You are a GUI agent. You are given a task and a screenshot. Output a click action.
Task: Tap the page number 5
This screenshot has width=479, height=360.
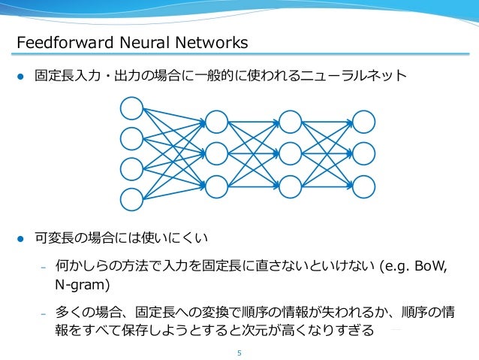[239, 348]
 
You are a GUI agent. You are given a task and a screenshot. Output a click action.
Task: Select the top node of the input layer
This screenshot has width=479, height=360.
[132, 108]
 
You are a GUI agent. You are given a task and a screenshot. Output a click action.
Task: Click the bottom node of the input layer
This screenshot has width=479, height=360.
[132, 198]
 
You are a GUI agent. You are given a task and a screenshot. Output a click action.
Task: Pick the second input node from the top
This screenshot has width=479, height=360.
[132, 138]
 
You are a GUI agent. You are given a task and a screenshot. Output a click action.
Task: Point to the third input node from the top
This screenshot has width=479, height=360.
[132, 168]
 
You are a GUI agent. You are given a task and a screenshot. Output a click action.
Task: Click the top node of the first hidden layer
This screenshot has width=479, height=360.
[216, 122]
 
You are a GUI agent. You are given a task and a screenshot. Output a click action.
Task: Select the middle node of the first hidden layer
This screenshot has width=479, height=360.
[216, 153]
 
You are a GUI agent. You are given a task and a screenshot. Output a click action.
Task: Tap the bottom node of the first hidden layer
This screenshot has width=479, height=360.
[216, 185]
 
